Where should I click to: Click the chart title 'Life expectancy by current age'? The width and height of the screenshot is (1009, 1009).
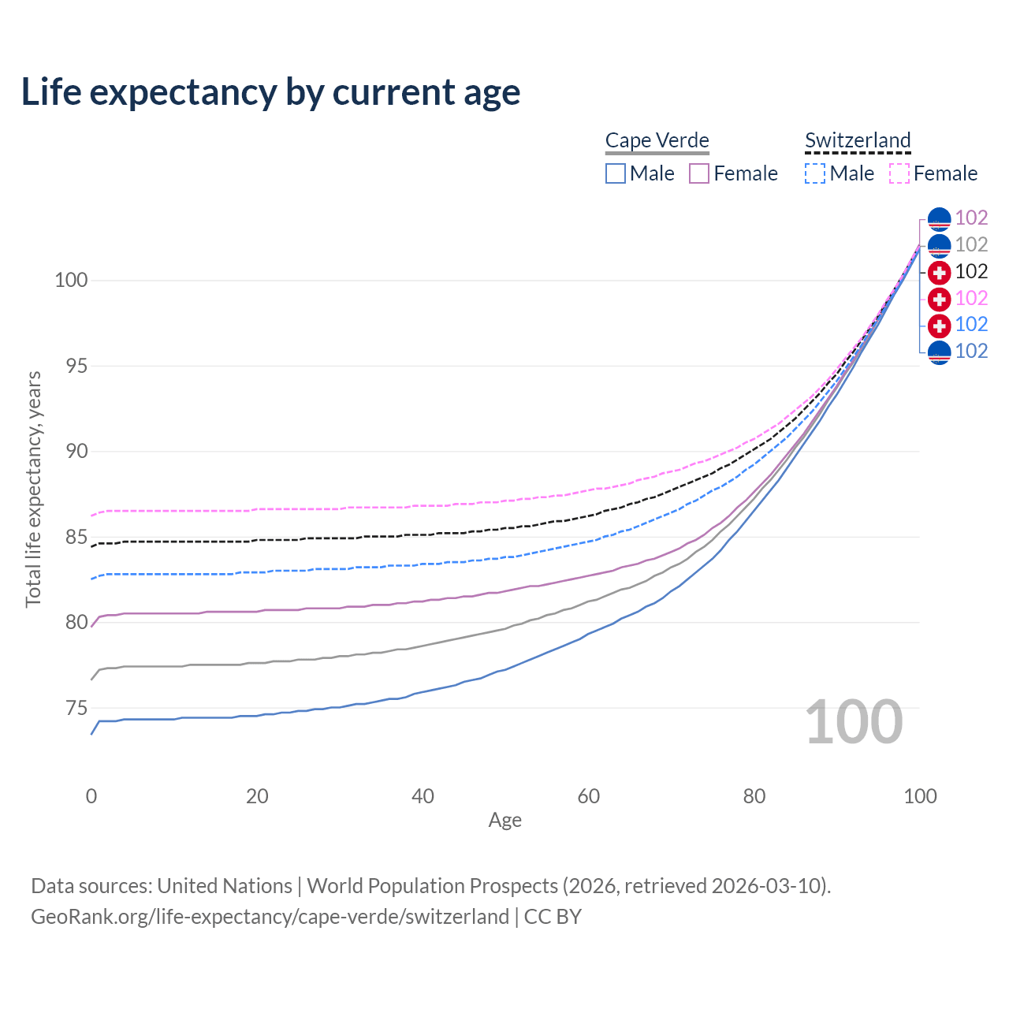(270, 92)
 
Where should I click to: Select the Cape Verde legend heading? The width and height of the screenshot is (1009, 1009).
(657, 140)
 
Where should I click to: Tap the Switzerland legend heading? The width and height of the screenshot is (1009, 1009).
(858, 140)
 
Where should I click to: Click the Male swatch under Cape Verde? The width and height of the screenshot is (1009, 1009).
(616, 173)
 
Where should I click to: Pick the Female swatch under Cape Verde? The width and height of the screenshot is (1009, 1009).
(700, 173)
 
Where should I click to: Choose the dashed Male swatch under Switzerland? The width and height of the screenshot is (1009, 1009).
(815, 173)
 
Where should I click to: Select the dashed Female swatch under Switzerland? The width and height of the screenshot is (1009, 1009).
(899, 173)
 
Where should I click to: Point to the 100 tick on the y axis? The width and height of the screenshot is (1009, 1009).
(71, 281)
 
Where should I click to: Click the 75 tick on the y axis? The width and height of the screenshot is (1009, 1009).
(76, 708)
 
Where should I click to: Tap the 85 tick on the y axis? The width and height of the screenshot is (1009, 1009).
(76, 537)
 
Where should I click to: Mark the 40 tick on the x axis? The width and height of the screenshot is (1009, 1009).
(423, 796)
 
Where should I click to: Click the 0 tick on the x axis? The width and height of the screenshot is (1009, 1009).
(91, 796)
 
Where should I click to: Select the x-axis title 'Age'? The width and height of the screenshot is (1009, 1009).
(505, 821)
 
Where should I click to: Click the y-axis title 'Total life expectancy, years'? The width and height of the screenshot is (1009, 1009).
(33, 489)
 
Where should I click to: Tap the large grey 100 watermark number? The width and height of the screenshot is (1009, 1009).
(854, 722)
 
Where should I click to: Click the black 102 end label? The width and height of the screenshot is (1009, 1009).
(971, 272)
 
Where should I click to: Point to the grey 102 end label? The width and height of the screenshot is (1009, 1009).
(971, 245)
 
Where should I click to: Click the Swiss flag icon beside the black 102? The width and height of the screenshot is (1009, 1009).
(939, 273)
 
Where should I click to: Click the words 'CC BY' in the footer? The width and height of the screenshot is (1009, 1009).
(553, 917)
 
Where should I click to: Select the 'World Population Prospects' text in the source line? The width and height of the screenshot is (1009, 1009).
(432, 886)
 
